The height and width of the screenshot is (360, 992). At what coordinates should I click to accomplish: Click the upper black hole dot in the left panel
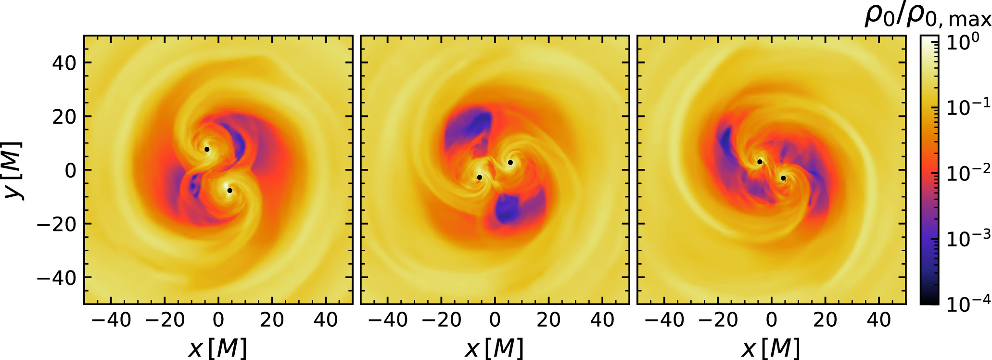[x=207, y=149]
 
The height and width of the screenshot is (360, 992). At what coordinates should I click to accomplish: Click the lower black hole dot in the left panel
[x=230, y=191]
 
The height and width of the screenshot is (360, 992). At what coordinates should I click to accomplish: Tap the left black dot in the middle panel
[x=480, y=178]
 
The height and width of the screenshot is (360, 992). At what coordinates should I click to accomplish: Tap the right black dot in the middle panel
[x=510, y=163]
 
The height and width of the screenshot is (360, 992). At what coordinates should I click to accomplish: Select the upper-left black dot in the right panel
[x=760, y=162]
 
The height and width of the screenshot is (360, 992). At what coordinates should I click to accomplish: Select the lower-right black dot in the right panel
[x=783, y=178]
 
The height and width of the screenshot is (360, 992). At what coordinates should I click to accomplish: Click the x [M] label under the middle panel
[x=495, y=347]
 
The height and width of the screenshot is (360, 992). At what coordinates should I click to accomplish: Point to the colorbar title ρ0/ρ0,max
[x=928, y=16]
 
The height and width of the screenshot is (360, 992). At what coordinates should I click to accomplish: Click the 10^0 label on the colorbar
[x=963, y=42]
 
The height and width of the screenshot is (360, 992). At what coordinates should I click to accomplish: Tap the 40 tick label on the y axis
[x=64, y=63]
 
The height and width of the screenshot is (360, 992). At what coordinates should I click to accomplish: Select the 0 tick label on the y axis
[x=70, y=170]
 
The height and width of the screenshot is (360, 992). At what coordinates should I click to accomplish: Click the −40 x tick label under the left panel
[x=111, y=320]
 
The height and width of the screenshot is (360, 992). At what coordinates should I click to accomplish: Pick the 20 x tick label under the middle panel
[x=548, y=320]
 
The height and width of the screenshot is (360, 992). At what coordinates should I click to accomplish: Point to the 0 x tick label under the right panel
[x=772, y=320]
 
